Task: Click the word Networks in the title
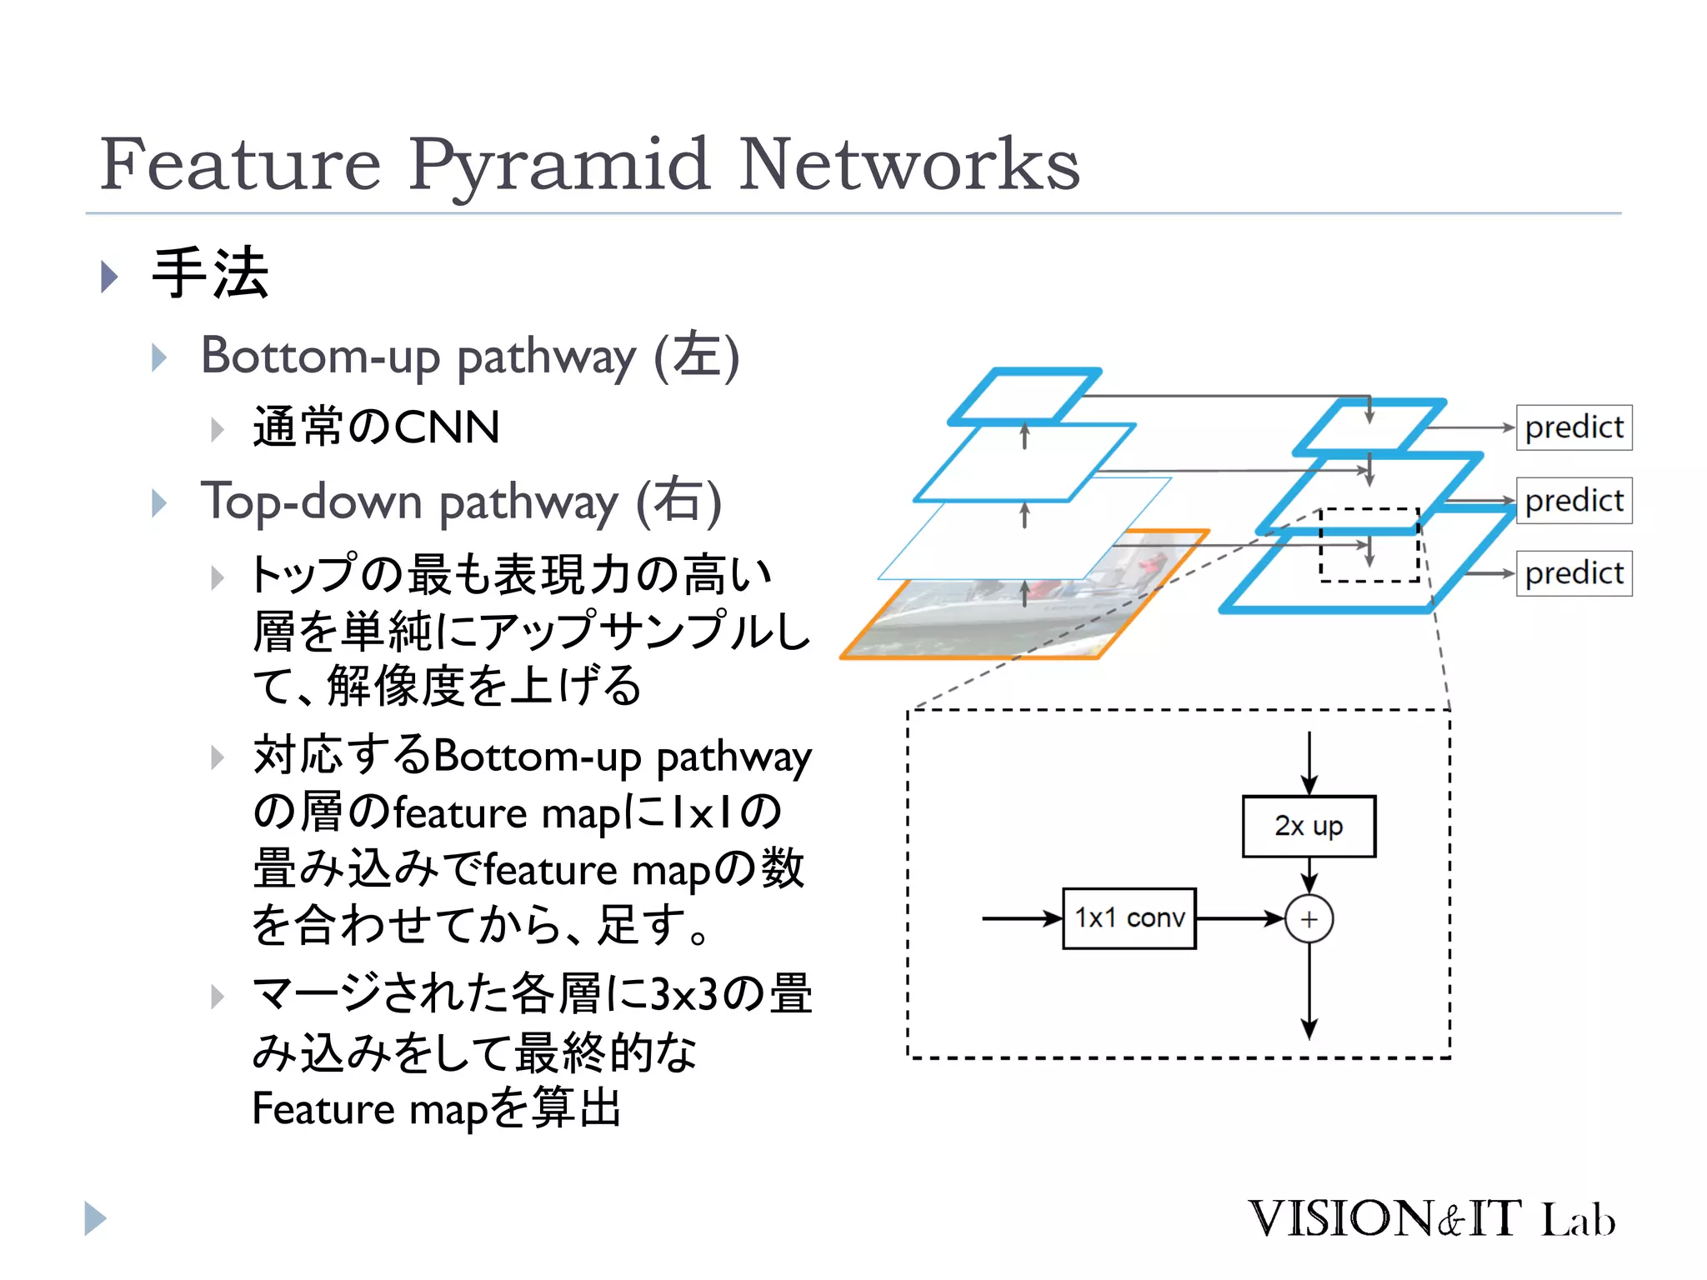(x=909, y=165)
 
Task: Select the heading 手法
(x=210, y=273)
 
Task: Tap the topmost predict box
(x=1574, y=427)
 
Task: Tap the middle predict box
(x=1574, y=501)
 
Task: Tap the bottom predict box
(x=1574, y=573)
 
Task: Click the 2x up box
(x=1309, y=826)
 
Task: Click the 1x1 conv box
(x=1129, y=918)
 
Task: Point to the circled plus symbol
(x=1309, y=919)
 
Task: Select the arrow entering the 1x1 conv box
(x=1021, y=918)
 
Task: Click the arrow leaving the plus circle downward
(x=1309, y=992)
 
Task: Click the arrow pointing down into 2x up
(x=1309, y=762)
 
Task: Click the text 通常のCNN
(x=376, y=427)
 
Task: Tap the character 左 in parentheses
(x=697, y=356)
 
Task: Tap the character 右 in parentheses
(x=678, y=502)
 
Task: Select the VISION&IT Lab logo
(x=1431, y=1219)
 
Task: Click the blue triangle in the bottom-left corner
(x=95, y=1219)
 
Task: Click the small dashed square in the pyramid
(x=1369, y=544)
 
